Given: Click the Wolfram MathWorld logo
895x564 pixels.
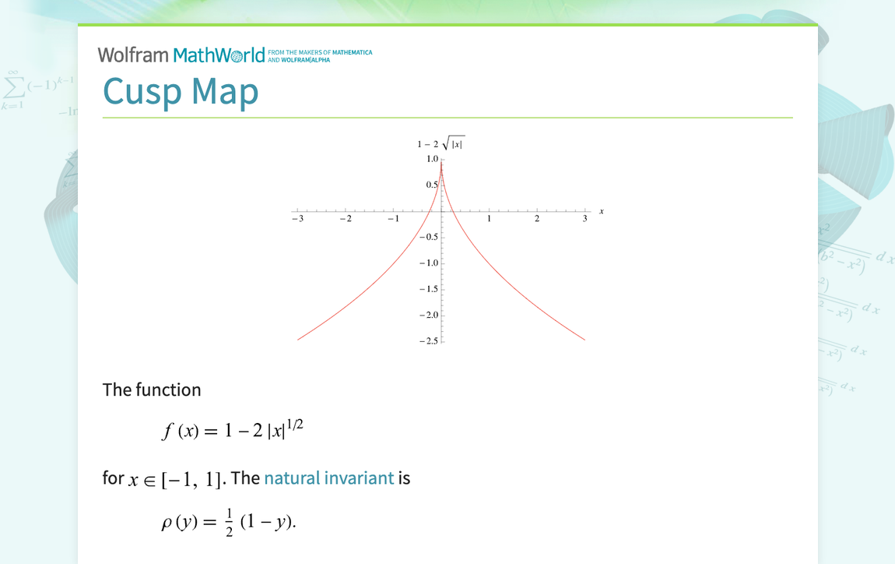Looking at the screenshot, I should point(181,55).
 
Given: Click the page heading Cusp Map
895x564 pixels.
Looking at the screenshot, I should point(181,91).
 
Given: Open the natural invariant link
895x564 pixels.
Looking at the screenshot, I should point(328,478).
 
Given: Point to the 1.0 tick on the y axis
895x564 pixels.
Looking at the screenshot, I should point(432,159).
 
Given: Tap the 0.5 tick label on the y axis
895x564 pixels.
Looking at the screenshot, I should point(432,185).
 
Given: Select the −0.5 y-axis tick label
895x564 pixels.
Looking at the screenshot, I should point(429,237).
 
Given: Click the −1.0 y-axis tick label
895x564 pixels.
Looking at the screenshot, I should point(429,263).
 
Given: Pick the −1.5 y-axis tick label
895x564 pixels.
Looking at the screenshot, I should point(429,289).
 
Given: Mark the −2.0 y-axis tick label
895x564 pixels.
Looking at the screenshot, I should point(429,315).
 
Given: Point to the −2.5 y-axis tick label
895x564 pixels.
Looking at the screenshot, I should point(429,341).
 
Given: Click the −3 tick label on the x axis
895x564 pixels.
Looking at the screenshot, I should point(297,219).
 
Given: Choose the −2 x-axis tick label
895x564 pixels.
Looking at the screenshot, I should point(345,219).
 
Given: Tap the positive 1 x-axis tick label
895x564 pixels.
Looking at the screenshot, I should point(489,219).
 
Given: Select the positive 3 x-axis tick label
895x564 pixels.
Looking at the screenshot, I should point(584,219).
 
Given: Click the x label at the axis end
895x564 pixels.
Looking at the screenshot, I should point(602,211).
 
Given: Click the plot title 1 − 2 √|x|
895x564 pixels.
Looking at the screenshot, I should point(440,144).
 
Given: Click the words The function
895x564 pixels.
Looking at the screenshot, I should point(152,390).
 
